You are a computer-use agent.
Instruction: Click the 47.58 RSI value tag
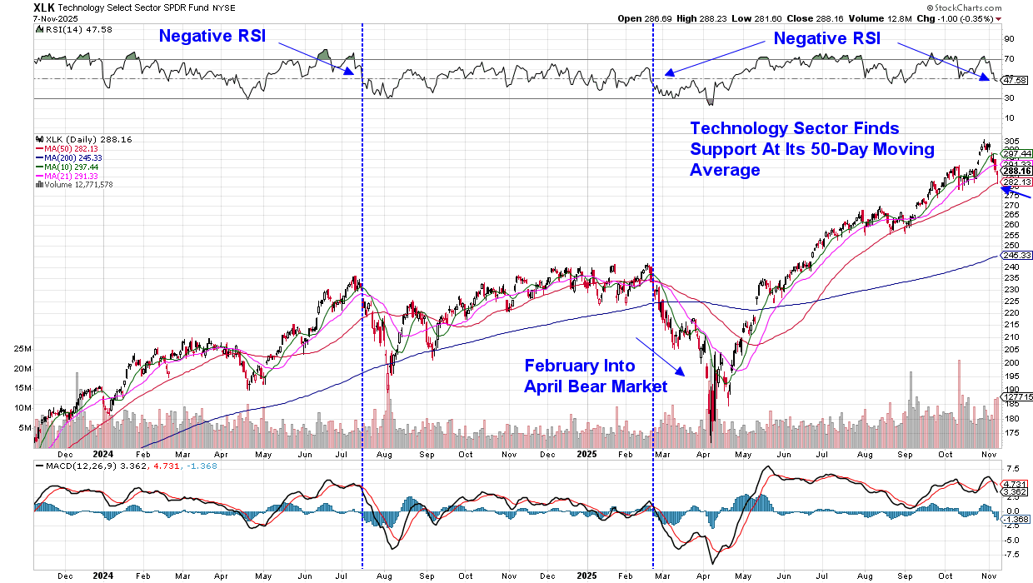point(1015,81)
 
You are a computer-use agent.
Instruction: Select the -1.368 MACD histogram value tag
point(1015,519)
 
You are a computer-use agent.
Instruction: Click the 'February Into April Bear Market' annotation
point(596,376)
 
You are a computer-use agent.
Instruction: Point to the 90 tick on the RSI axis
point(1009,38)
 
